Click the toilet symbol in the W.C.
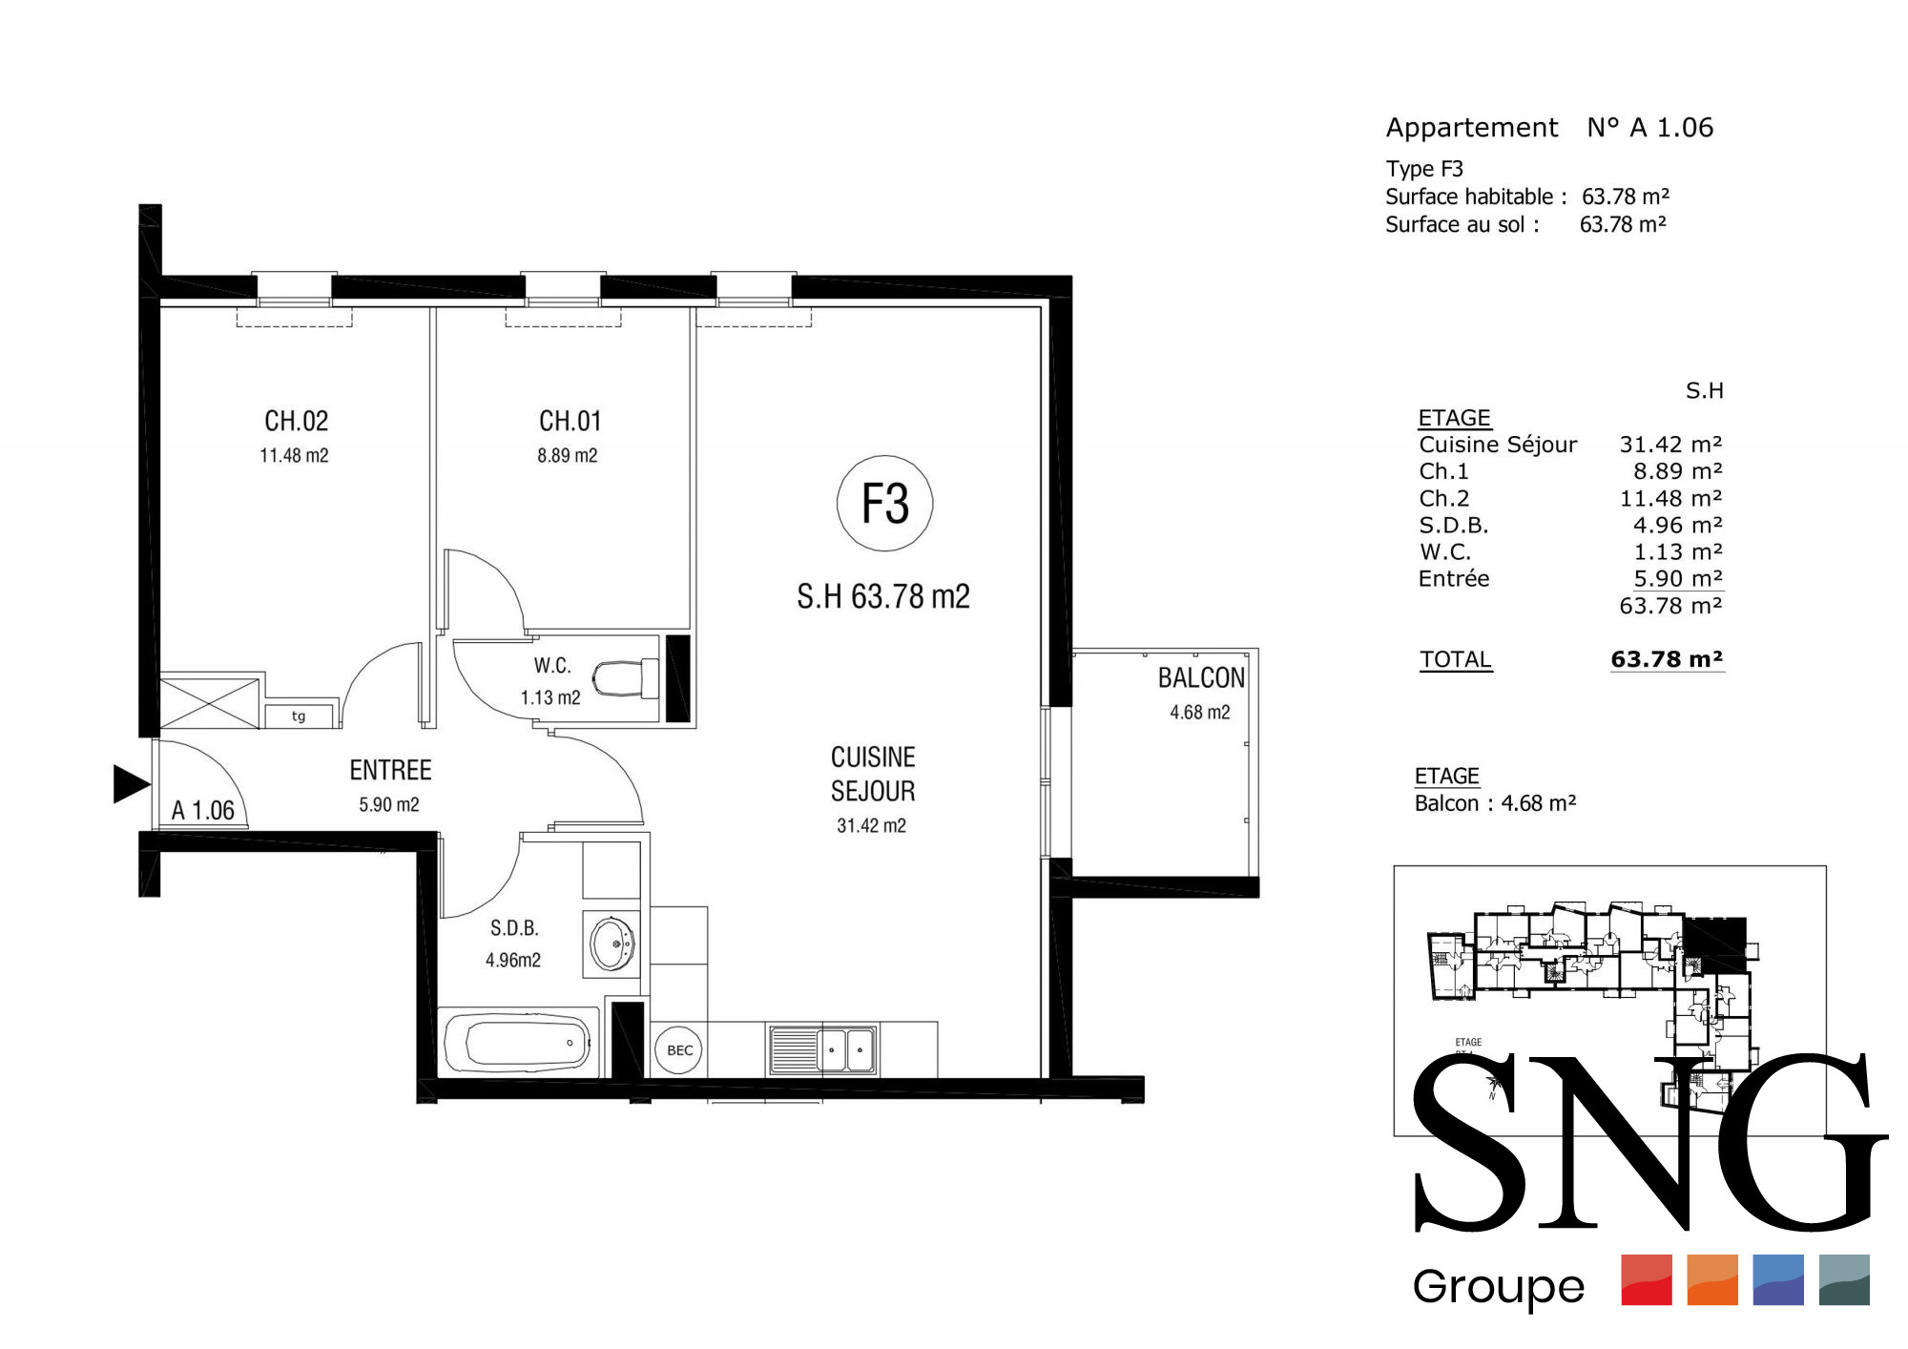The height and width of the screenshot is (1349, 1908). [x=625, y=679]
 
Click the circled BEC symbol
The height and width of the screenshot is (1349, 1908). [x=679, y=1050]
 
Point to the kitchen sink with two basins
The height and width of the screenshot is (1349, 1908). [x=822, y=1049]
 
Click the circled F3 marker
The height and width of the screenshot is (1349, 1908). [x=884, y=503]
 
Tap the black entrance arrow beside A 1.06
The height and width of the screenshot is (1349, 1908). [x=132, y=784]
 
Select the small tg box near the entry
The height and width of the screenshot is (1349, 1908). [x=300, y=716]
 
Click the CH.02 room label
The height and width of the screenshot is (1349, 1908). [x=296, y=421]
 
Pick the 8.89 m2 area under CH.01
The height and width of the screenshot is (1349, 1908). [x=567, y=456]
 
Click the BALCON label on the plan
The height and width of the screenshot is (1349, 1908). [x=1201, y=677]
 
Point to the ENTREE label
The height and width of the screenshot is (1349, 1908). [x=390, y=770]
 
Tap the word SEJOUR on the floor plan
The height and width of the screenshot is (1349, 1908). [x=873, y=791]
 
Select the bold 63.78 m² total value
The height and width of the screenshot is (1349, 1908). [x=1667, y=659]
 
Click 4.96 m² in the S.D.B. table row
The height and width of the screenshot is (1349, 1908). [x=1677, y=525]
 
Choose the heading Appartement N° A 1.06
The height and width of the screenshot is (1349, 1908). [x=1549, y=127]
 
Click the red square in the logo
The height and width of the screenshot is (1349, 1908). [x=1647, y=1279]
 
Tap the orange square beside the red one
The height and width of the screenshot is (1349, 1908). [x=1712, y=1279]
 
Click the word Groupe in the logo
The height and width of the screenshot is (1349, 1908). [x=1498, y=1287]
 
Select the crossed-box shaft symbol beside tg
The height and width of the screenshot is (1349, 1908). [x=210, y=703]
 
